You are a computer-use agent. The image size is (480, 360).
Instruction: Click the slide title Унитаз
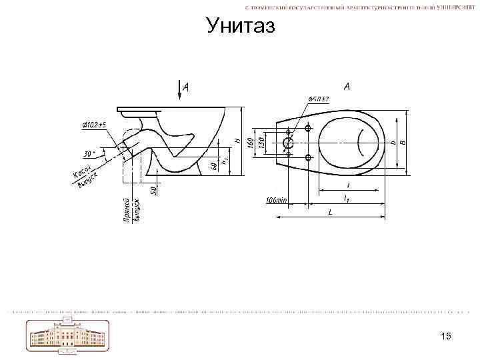pos(240,26)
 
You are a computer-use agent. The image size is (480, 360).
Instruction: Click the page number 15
pos(446,336)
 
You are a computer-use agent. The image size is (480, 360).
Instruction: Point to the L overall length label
pos(329,212)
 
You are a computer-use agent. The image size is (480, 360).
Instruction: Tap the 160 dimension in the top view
pos(250,143)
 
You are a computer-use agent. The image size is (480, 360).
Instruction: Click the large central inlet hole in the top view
pos(288,143)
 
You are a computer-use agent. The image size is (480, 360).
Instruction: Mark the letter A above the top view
pos(347,87)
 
